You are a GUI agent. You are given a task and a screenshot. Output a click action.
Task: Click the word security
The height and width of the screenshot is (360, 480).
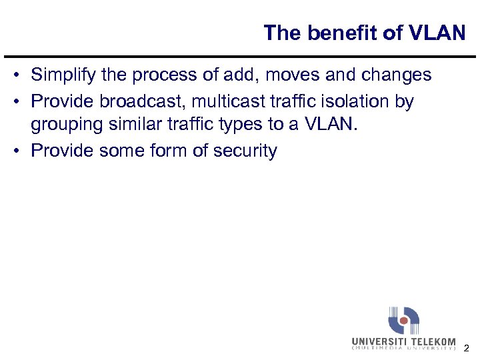click(x=245, y=151)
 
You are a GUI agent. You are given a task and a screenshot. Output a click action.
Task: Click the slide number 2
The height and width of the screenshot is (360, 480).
click(x=466, y=348)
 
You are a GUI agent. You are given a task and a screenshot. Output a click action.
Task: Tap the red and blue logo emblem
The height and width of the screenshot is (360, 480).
click(x=404, y=321)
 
